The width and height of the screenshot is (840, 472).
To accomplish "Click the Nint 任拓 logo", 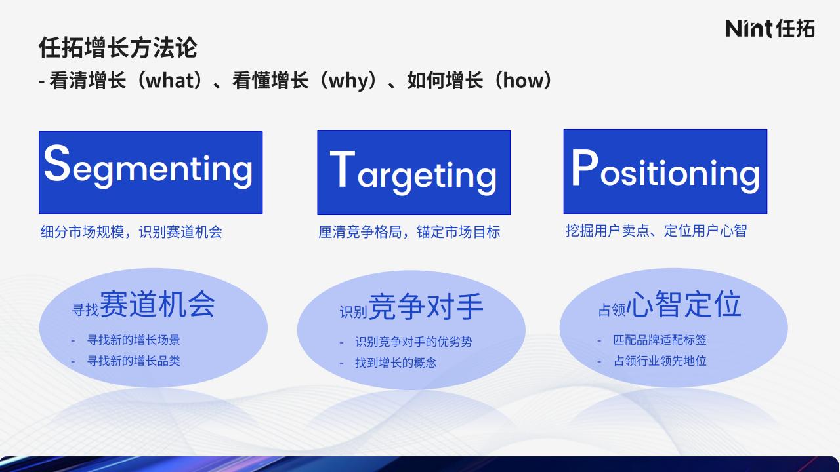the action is (770, 28).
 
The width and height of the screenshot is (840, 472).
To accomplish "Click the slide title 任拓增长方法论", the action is (117, 48).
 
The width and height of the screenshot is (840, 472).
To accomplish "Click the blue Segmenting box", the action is (151, 172).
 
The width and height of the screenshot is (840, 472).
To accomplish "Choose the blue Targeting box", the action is (413, 172).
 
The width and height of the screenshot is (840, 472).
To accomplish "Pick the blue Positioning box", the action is (665, 172).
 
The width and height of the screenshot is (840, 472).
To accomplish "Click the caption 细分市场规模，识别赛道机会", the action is (131, 232).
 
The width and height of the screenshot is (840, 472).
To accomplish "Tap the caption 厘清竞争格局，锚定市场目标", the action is (409, 232).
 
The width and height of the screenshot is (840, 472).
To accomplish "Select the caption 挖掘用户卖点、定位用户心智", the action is (656, 231).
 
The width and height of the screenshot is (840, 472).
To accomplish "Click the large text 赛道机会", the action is (157, 304).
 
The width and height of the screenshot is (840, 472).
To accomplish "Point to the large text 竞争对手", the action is (426, 307).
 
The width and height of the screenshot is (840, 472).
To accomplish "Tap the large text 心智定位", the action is (684, 304).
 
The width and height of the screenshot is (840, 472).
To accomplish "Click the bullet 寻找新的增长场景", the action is (133, 340).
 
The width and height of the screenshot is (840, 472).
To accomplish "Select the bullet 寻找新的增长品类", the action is (133, 361).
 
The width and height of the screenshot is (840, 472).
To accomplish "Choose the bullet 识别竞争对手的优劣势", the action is (413, 342).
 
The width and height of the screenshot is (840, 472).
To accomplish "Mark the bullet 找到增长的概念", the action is (396, 363).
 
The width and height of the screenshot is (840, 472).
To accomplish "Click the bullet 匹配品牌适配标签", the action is (660, 340).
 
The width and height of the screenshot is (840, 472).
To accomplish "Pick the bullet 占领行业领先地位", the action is (660, 361).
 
